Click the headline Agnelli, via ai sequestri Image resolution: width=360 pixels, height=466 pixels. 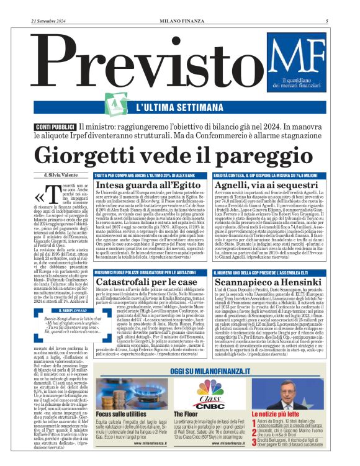tap(263, 186)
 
